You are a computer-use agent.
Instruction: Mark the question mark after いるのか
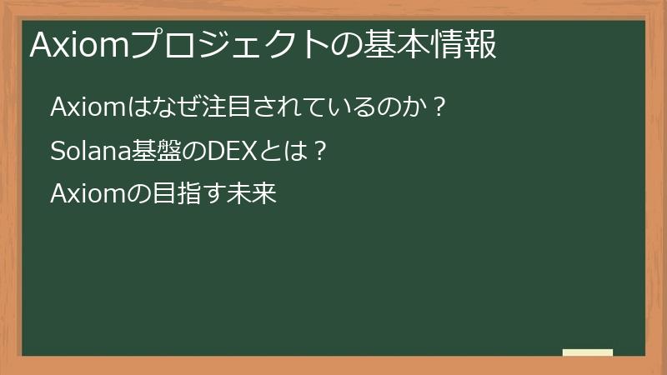[440, 107]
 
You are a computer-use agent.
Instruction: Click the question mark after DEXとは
[315, 152]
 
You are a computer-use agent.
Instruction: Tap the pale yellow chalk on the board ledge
[587, 352]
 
